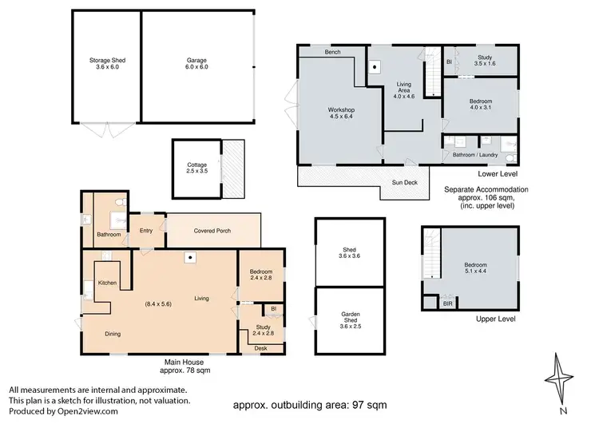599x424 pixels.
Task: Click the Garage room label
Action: tap(196, 63)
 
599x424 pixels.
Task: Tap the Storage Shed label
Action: tap(107, 63)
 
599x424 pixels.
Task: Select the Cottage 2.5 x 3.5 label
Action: tap(197, 168)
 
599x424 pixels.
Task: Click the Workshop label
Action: tap(341, 113)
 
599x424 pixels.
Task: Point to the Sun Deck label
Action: tap(405, 183)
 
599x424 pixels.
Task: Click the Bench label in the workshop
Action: tap(333, 52)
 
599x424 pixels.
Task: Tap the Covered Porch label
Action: tap(212, 231)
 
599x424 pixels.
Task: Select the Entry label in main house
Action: tap(146, 230)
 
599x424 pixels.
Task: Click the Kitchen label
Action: tap(107, 283)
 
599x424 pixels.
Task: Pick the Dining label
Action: tap(113, 334)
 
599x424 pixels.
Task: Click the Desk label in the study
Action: tap(261, 348)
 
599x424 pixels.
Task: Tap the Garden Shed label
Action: tap(351, 320)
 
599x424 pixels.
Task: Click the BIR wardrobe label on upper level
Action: tap(448, 303)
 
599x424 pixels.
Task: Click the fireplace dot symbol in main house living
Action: tap(190, 257)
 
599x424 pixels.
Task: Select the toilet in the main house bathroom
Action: tap(120, 202)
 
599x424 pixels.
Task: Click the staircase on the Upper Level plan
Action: tap(431, 253)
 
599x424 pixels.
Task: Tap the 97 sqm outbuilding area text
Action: tap(368, 405)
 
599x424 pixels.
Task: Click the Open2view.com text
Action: tap(88, 411)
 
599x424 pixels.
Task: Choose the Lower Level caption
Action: tap(498, 174)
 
